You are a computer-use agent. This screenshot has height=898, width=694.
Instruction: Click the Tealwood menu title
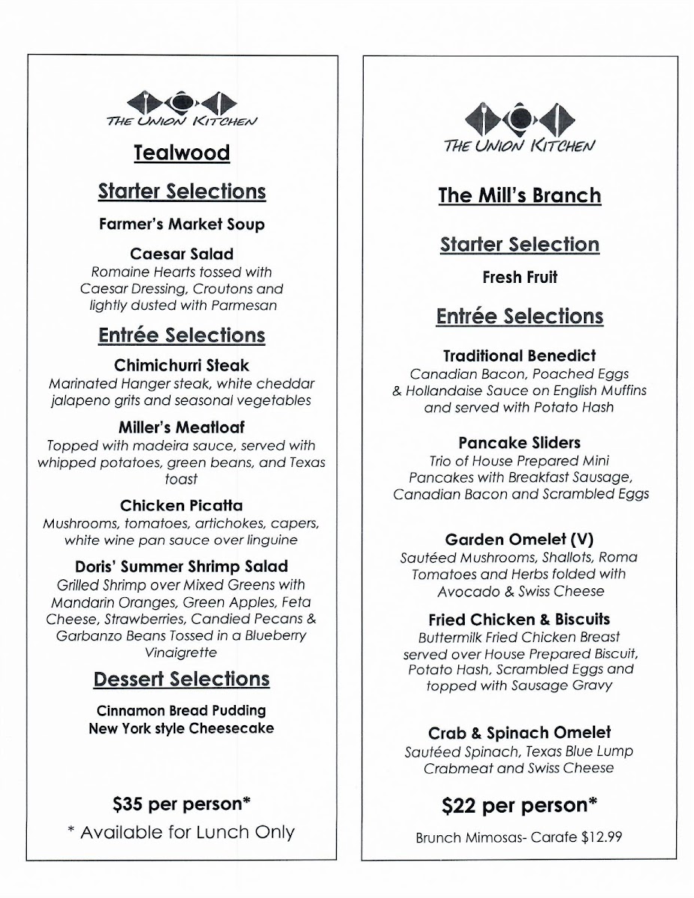coord(181,153)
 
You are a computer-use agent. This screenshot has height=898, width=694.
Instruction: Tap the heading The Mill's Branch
coord(520,195)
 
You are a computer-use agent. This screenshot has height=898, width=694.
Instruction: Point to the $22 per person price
coord(520,805)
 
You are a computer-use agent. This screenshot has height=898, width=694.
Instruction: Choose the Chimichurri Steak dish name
coord(181,366)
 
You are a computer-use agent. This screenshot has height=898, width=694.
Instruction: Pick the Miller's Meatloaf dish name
coord(181,427)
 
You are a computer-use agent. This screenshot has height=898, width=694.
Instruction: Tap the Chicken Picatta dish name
coord(181,505)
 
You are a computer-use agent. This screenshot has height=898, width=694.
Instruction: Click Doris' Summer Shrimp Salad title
coord(181,566)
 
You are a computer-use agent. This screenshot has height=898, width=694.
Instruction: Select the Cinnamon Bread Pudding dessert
coord(181,710)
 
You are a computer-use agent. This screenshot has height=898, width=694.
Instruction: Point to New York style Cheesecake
coord(181,727)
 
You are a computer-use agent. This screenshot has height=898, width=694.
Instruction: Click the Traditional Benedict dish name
coord(520,355)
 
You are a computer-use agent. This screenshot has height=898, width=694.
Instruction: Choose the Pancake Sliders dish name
coord(520,442)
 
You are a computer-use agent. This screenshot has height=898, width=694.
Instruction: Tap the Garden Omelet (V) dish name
coord(520,539)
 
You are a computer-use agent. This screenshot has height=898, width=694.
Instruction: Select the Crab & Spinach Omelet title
coord(520,733)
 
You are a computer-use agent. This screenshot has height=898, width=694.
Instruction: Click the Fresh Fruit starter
coord(520,278)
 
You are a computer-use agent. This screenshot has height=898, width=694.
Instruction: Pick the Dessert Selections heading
coord(181,679)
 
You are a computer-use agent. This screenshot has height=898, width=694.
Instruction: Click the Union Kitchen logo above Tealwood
coord(181,109)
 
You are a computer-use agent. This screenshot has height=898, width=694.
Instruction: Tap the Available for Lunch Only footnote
coord(181,831)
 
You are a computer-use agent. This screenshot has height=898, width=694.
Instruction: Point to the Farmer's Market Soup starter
coord(181,223)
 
